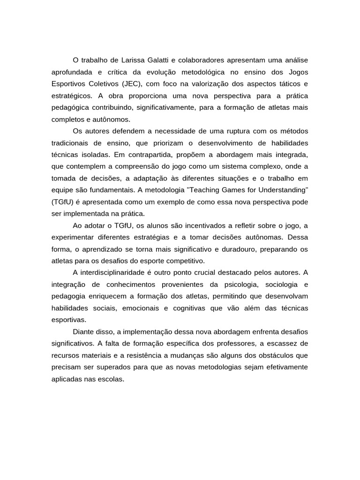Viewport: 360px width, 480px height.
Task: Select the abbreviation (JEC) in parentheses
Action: click(135, 84)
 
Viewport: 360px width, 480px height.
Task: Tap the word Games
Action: click(251, 190)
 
